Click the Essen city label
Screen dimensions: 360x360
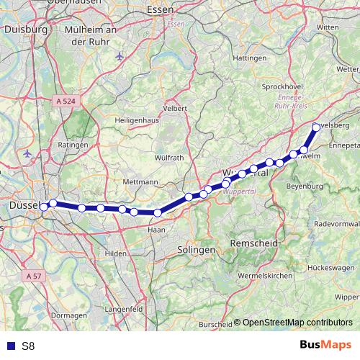(159, 10)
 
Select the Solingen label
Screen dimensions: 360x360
(196, 249)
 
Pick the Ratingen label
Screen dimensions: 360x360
(73, 145)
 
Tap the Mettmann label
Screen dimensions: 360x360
(140, 182)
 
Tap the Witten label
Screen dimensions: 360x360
(327, 27)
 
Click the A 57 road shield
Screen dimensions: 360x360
(32, 276)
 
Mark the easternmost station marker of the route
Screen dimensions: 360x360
(315, 127)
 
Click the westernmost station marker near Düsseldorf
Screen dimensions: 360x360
(44, 207)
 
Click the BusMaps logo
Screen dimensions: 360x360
(325, 345)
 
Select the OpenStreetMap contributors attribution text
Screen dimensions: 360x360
(297, 323)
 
